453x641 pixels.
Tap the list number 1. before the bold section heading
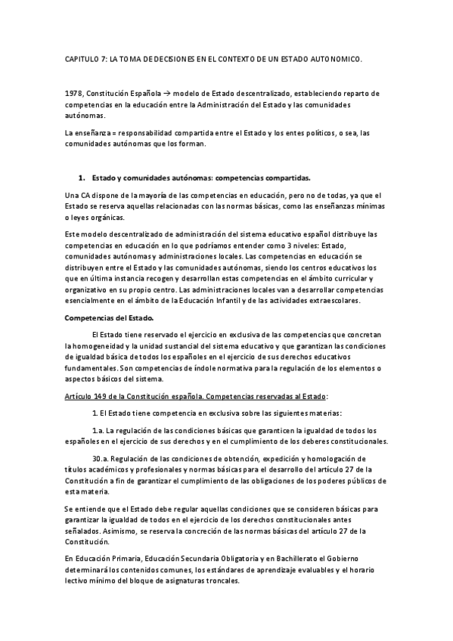[82, 178]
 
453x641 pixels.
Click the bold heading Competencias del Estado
[108, 317]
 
